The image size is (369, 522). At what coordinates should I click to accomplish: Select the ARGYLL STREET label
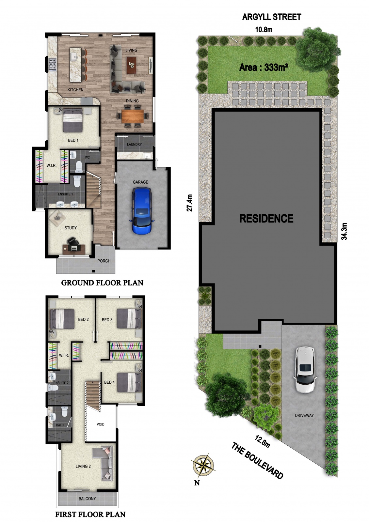[x=272, y=17]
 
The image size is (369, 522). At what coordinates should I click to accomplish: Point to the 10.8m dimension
[x=264, y=30]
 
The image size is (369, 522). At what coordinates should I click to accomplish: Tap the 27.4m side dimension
[x=190, y=203]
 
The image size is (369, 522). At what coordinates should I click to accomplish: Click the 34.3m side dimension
[x=344, y=231]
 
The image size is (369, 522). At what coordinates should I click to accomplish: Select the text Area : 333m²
[x=264, y=68]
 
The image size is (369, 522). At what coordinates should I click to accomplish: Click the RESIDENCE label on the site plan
[x=266, y=219]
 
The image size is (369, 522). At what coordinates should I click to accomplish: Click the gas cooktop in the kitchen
[x=52, y=64]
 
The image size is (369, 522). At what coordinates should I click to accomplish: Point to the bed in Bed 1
[x=73, y=121]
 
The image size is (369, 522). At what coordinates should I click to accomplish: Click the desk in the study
[x=74, y=249]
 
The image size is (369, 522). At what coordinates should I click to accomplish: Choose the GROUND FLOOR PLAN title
[x=102, y=283]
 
